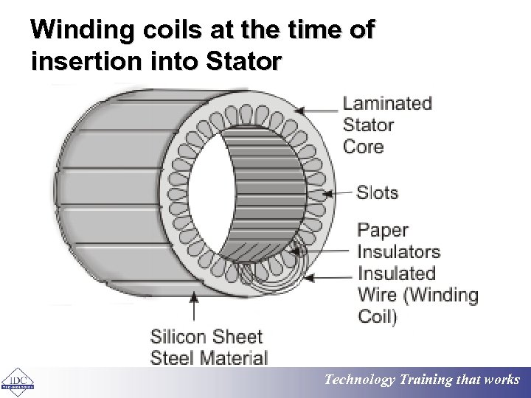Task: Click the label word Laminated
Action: point(387,103)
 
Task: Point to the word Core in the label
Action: point(363,146)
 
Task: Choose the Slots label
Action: point(377,193)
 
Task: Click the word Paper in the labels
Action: point(382,231)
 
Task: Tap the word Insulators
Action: point(398,252)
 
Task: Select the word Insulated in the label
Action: point(396,273)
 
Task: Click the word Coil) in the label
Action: point(377,317)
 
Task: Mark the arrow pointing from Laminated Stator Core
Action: point(318,111)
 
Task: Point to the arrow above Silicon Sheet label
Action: point(194,307)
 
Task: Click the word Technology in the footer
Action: point(360,380)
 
